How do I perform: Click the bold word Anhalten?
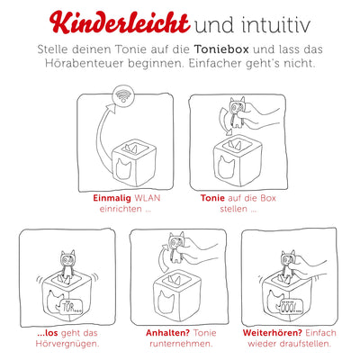pyautogui.click(x=157, y=330)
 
